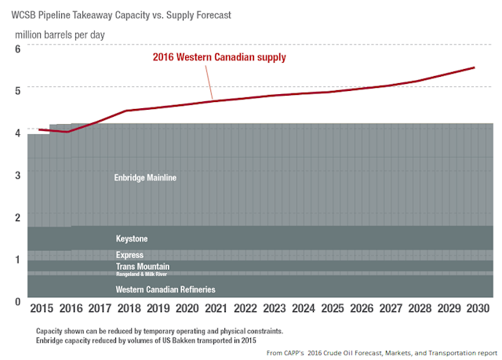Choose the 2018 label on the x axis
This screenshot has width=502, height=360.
tap(130, 309)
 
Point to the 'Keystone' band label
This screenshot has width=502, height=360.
tap(132, 238)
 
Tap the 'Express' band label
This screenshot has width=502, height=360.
tap(129, 255)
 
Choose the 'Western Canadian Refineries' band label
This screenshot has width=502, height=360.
tap(165, 289)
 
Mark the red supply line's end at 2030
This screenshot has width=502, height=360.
tap(475, 67)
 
